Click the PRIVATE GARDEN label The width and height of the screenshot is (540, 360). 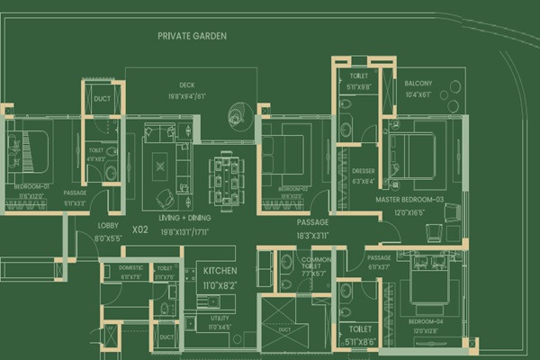click(x=192, y=37)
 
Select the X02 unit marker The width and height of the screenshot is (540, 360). click(x=139, y=229)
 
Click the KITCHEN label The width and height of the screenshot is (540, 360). click(x=220, y=271)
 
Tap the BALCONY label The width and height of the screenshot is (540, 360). click(x=418, y=82)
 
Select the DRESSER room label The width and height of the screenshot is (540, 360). click(x=364, y=171)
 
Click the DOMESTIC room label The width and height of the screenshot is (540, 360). click(x=130, y=267)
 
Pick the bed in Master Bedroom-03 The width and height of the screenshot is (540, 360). click(x=416, y=155)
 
